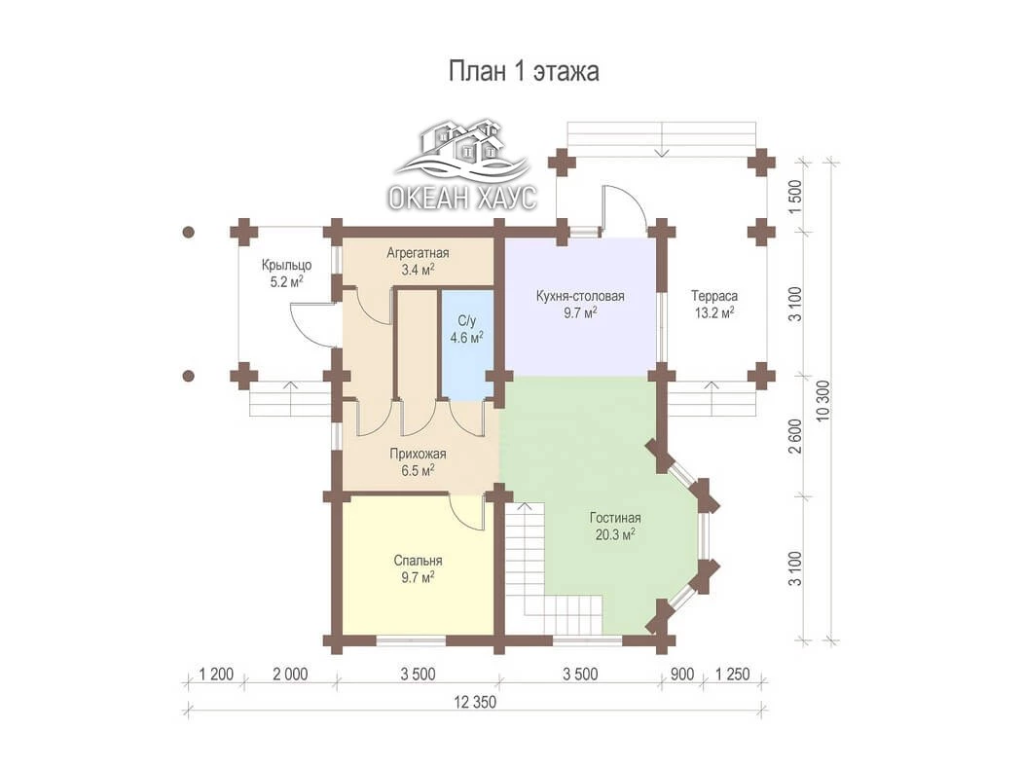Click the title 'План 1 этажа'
[x=524, y=71]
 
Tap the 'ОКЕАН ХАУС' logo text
[x=462, y=197]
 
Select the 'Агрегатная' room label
[x=418, y=253]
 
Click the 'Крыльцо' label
[x=287, y=265]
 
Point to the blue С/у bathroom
[x=467, y=344]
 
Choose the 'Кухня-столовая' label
[x=580, y=296]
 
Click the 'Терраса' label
[x=714, y=296]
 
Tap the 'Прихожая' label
[x=418, y=454]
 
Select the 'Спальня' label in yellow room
[x=418, y=561]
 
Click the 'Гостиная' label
[x=615, y=518]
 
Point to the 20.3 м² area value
[x=615, y=535]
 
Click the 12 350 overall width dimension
[x=475, y=702]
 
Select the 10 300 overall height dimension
[x=823, y=400]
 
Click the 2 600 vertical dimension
[x=795, y=435]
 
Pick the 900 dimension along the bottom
[x=682, y=674]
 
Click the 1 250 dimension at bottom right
[x=733, y=674]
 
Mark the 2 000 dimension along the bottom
[x=290, y=674]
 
